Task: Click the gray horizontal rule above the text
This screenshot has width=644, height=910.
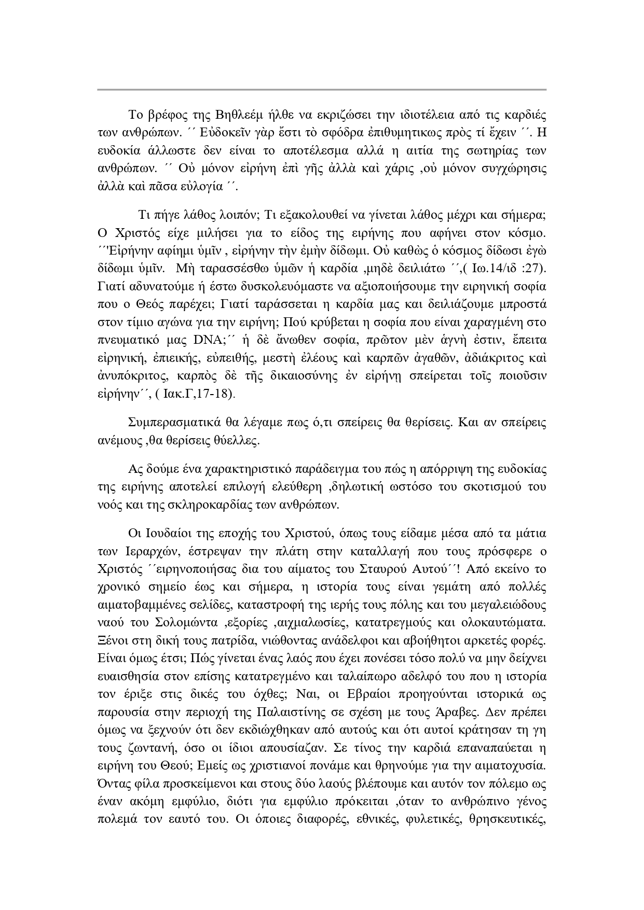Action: pyautogui.click(x=322, y=90)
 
